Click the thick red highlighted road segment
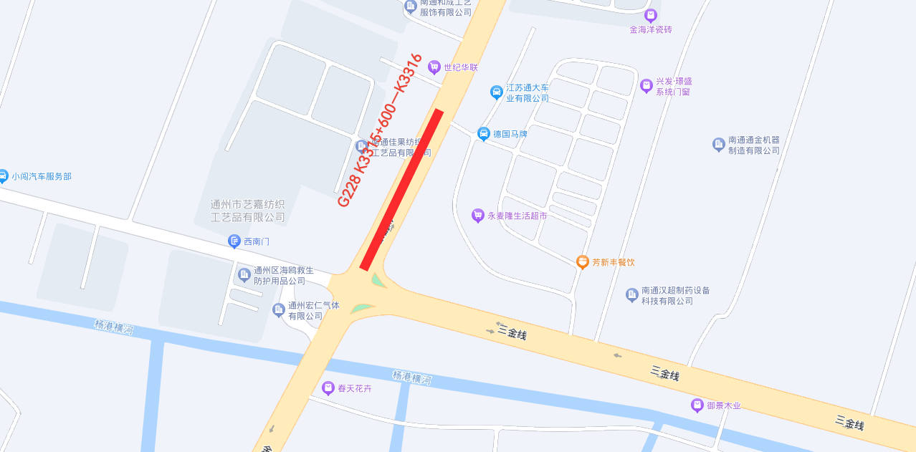click(x=401, y=190)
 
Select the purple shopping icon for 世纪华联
click(x=434, y=67)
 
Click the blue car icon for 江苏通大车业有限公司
click(x=496, y=92)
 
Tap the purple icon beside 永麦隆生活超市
click(x=478, y=215)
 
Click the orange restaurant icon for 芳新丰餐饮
click(x=583, y=262)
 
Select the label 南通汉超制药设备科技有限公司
click(x=675, y=296)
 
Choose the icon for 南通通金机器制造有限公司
click(x=719, y=145)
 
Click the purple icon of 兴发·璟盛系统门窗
click(x=647, y=86)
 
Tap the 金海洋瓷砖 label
click(x=651, y=29)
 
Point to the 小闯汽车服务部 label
click(x=42, y=176)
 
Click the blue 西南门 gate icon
click(x=234, y=241)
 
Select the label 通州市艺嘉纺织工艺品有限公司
click(x=248, y=211)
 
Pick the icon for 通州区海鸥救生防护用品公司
click(x=244, y=275)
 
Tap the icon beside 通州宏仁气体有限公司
click(x=279, y=310)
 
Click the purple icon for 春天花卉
click(x=328, y=388)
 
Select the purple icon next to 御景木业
click(x=697, y=405)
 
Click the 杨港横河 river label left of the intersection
click(x=113, y=327)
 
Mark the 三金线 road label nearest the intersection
click(x=512, y=332)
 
